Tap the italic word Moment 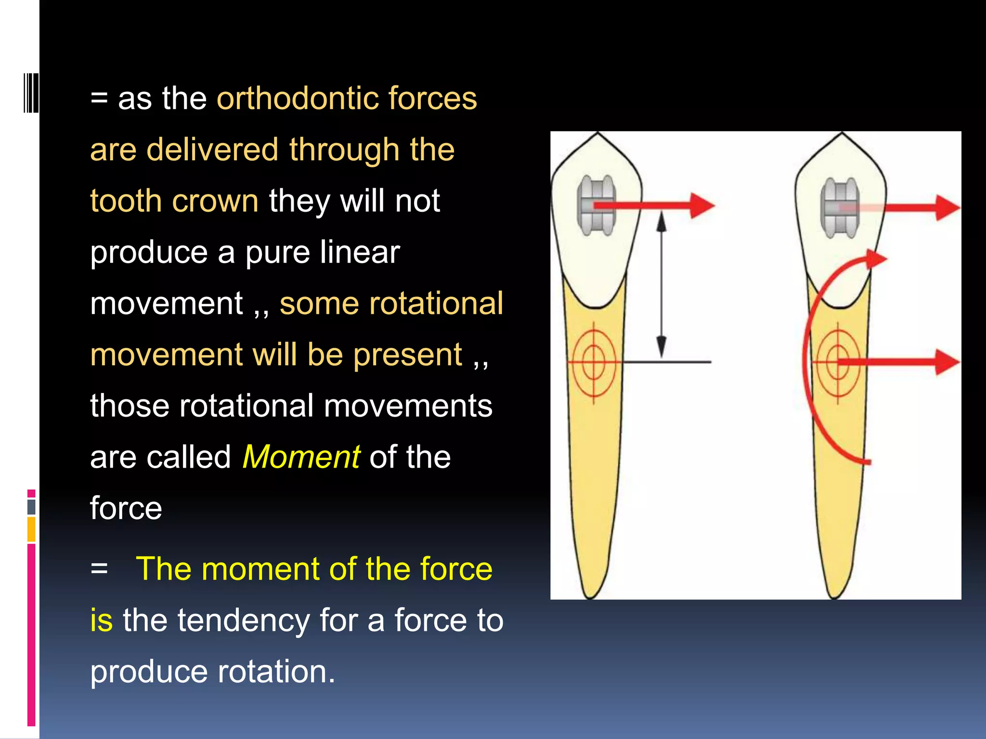[x=301, y=457]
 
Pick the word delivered [x=212, y=150]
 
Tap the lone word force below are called [x=126, y=509]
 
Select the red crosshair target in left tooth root [x=594, y=362]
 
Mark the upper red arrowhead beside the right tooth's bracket [x=947, y=208]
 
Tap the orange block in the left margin [x=31, y=529]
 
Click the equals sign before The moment [x=99, y=569]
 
